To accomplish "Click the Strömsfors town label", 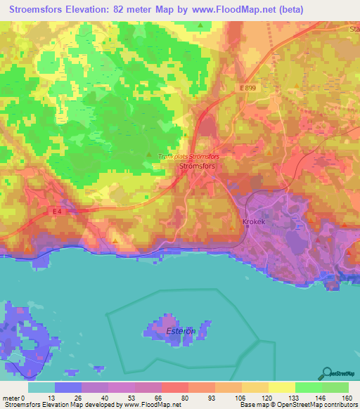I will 197,167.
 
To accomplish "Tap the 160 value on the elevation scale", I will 347,397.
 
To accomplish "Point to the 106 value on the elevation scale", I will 242,397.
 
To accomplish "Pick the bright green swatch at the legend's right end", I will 335,387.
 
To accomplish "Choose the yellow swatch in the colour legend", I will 282,387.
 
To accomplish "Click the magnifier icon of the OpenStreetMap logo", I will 326,372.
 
